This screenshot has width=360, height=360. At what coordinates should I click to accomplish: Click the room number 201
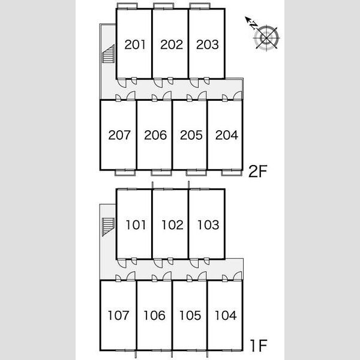(135, 44)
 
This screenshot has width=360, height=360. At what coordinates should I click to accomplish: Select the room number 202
(172, 44)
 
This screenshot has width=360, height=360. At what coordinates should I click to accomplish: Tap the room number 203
(208, 44)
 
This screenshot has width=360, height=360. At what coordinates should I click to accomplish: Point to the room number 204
(227, 135)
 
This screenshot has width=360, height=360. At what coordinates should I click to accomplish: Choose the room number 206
(155, 135)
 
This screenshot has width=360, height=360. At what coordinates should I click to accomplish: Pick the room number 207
(119, 135)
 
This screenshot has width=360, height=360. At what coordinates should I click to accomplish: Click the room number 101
(136, 225)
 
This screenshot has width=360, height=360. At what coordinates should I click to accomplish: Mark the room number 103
(208, 225)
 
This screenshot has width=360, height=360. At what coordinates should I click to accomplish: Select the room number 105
(190, 315)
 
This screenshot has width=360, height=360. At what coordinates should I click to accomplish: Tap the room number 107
(118, 315)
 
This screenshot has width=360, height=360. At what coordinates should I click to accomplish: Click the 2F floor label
(258, 171)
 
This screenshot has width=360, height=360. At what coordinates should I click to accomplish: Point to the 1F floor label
(259, 346)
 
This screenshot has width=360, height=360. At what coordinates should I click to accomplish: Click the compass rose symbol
(266, 38)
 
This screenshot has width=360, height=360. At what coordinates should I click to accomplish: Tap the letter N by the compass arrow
(253, 25)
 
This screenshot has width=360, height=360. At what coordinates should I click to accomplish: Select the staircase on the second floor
(108, 54)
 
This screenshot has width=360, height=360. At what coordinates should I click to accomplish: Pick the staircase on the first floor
(108, 227)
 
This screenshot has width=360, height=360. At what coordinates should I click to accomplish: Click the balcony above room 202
(163, 6)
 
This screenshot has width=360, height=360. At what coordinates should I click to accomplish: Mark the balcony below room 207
(125, 173)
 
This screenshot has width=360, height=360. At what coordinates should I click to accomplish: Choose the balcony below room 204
(232, 173)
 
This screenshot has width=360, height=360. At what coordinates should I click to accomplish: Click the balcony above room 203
(200, 6)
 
